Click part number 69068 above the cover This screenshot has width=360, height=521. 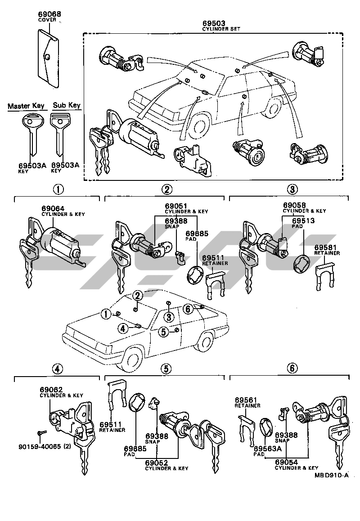[x=49, y=14]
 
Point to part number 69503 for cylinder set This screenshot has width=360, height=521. [x=214, y=23]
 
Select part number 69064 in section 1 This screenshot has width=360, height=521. [x=53, y=209]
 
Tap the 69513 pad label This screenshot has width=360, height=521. [x=303, y=221]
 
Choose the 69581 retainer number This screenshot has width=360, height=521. [x=326, y=247]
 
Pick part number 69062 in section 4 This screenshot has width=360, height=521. [x=51, y=389]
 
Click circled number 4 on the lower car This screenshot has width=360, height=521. [x=122, y=328]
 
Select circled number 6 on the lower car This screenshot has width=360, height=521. [x=189, y=309]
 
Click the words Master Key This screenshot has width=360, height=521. [x=26, y=106]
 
